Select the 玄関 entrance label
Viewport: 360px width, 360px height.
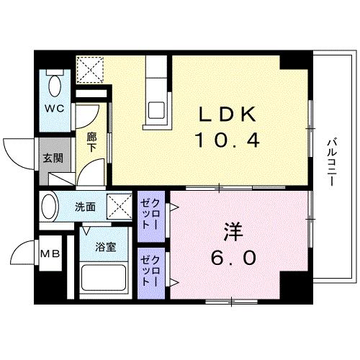[50, 158]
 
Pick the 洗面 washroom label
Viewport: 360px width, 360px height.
[85, 207]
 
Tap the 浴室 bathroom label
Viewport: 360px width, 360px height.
[107, 247]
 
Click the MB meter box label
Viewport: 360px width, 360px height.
[50, 253]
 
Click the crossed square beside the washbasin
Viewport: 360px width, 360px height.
[117, 206]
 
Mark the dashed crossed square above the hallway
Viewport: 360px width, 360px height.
[91, 69]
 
